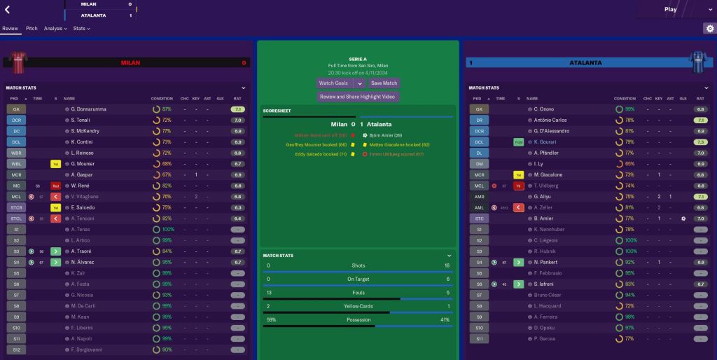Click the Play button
[x=670, y=9]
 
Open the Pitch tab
[x=32, y=29]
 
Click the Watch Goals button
[x=334, y=83]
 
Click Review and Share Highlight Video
[x=357, y=97]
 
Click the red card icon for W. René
[x=55, y=186]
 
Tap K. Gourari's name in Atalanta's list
[x=546, y=142]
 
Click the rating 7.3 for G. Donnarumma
[x=237, y=109]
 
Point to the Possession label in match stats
[x=358, y=319]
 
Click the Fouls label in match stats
[x=358, y=293]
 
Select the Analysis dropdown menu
[x=55, y=29]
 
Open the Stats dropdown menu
[x=81, y=29]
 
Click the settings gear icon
[x=709, y=29]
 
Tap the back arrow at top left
[x=8, y=9]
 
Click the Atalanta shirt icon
[x=698, y=62]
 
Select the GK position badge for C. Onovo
[x=479, y=109]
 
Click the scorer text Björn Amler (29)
[x=386, y=134]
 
